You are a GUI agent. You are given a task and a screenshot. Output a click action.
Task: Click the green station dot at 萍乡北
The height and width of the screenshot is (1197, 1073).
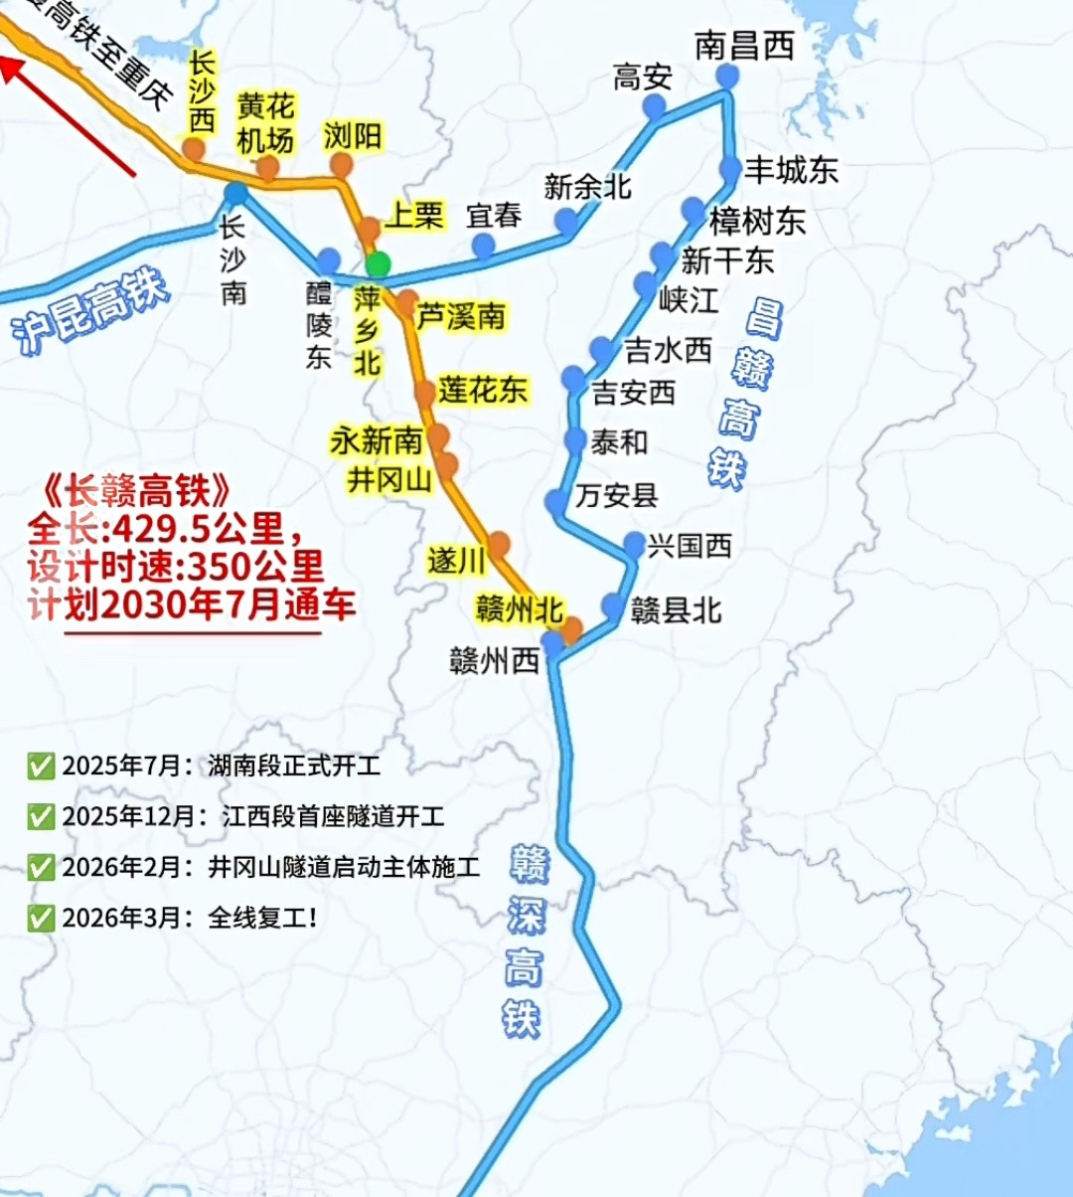pos(378,264)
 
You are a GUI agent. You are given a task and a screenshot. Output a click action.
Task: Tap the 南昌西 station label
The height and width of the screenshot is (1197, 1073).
pos(744,45)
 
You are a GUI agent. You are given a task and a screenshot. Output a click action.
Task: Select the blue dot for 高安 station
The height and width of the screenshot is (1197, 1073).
pos(654,107)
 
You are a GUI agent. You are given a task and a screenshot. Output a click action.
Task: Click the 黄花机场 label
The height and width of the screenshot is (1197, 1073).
pos(265,123)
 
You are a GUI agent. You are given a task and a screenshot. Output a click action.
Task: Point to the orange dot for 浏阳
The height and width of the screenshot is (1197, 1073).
pos(342,165)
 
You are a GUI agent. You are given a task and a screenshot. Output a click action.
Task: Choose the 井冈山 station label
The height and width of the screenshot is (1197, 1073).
pos(389,480)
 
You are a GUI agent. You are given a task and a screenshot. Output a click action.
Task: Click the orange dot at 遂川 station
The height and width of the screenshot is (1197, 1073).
pos(499,543)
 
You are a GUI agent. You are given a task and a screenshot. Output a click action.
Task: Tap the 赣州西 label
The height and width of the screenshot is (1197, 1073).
pos(494,661)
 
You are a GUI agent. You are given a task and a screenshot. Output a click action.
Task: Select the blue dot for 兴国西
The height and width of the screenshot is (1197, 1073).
pos(634,544)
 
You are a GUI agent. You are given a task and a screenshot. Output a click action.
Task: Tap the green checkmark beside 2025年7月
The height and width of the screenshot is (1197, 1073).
pos(41,767)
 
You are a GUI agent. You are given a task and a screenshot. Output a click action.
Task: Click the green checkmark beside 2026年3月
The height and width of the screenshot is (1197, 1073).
pos(41,918)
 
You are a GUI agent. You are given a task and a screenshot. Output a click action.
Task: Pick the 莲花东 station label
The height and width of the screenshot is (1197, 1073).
pos(483,390)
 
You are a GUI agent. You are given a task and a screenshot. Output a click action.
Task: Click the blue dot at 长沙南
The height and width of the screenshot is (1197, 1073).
pos(235,193)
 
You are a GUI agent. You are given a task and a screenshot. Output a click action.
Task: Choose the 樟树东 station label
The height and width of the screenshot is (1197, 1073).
pos(757,220)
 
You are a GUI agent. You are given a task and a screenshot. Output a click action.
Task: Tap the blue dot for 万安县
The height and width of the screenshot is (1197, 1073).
pos(557,503)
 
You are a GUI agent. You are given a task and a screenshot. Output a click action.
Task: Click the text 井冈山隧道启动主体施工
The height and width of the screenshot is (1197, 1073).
pos(344,867)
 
